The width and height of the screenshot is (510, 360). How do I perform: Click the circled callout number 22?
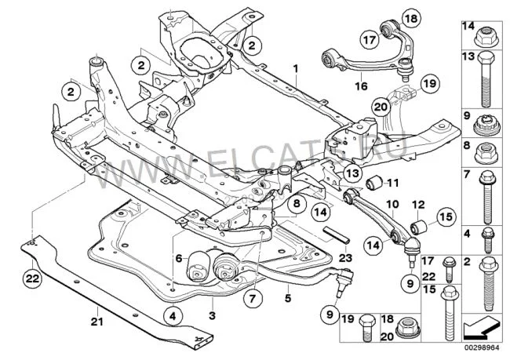coord(31,276)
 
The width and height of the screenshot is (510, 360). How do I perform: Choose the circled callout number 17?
coord(370,38)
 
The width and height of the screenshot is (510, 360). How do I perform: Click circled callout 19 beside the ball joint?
coord(427,82)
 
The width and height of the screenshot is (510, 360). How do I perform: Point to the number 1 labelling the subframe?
coord(297,69)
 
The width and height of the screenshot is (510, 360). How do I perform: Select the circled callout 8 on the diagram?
coord(296,205)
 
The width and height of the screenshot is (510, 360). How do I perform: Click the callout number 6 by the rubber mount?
coord(178,257)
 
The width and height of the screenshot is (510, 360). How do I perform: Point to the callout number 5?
coord(288,298)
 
